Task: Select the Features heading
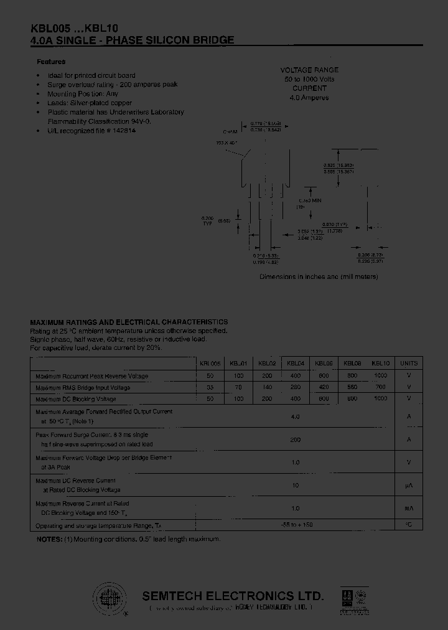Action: coord(51,62)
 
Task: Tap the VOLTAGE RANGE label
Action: coord(309,70)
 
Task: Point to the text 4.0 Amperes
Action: coord(309,98)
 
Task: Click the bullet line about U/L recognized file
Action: coord(91,132)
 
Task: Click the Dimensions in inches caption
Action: coord(319,276)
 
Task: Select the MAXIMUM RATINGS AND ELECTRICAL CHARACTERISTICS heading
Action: coord(129,322)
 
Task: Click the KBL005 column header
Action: coord(210,363)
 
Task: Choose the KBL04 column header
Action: coord(296,363)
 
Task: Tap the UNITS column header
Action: coord(409,363)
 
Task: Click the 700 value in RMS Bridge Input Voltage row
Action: coord(380,387)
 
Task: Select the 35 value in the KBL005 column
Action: coord(210,387)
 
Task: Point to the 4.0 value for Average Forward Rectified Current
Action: coord(296,416)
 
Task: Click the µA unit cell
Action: coord(409,486)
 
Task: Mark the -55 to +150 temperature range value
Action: coord(296,525)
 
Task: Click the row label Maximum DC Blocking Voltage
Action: coord(76,399)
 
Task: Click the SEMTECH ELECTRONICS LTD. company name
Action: coord(233,595)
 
